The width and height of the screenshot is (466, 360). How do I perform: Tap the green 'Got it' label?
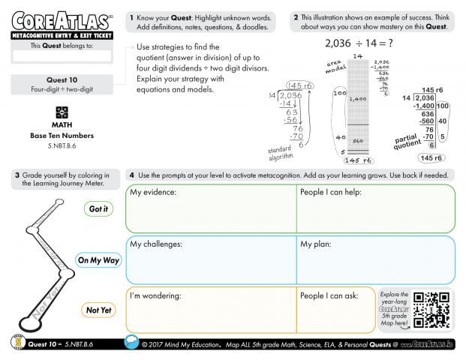pyautogui.click(x=98, y=209)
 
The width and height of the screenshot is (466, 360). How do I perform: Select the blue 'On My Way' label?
pyautogui.click(x=98, y=260)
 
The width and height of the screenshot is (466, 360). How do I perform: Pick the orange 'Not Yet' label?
pyautogui.click(x=98, y=310)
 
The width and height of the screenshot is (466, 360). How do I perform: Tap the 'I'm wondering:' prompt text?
pyautogui.click(x=156, y=295)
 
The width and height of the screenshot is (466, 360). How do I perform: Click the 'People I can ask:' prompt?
pyautogui.click(x=330, y=295)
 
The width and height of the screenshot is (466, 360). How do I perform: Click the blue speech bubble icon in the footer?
pyautogui.click(x=131, y=344)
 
